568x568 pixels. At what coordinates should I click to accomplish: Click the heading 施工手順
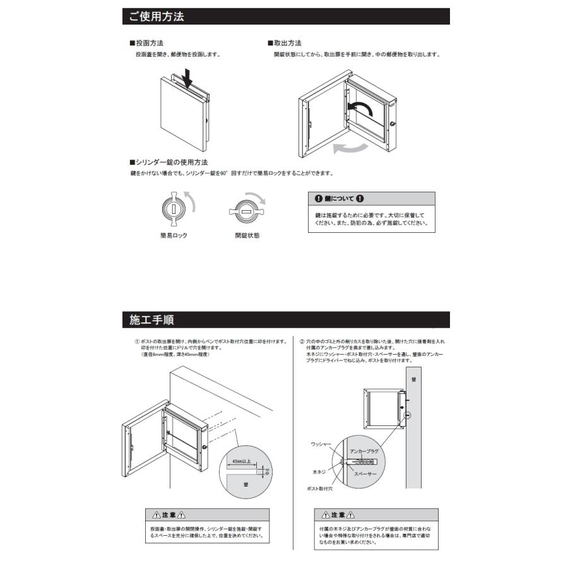pos(151,319)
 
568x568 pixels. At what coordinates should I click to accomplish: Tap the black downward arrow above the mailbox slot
pos(187,78)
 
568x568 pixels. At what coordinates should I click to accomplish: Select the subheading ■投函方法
pos(146,44)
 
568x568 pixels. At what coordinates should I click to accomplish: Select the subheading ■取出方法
pos(285,44)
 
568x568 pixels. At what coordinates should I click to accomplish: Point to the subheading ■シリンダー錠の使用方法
pos(169,163)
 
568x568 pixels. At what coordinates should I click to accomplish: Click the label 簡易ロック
pos(174,235)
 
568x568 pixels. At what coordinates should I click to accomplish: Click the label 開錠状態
pos(247,235)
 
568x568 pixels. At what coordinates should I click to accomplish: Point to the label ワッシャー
pos(321,445)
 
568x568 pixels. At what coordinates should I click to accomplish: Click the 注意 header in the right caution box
pos(376,515)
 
